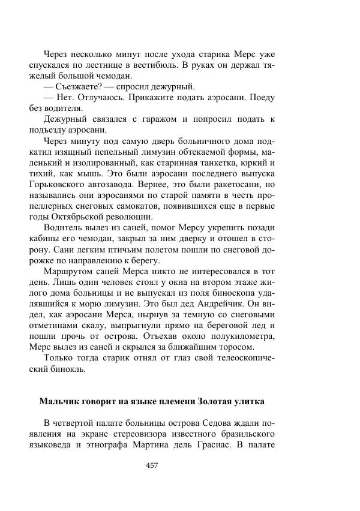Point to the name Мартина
click(178, 444)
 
